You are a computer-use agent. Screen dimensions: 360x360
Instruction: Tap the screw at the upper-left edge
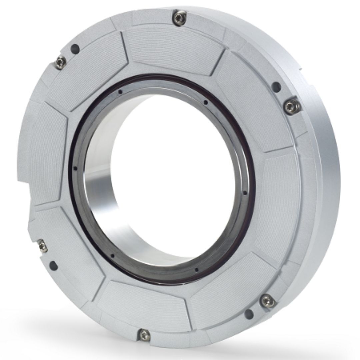click(60, 62)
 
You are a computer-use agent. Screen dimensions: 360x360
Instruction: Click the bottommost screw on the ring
click(144, 334)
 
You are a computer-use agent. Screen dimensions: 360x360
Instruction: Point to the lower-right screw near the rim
click(268, 301)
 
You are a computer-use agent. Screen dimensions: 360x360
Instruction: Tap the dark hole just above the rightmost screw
click(276, 87)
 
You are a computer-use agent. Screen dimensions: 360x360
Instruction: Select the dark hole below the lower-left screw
click(53, 266)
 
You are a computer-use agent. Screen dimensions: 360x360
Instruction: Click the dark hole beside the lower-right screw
click(249, 313)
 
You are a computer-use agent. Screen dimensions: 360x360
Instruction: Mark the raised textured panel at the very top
click(173, 50)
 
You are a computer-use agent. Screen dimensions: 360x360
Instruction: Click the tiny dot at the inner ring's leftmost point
click(75, 169)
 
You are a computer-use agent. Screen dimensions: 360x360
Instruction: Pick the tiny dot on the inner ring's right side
click(245, 193)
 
